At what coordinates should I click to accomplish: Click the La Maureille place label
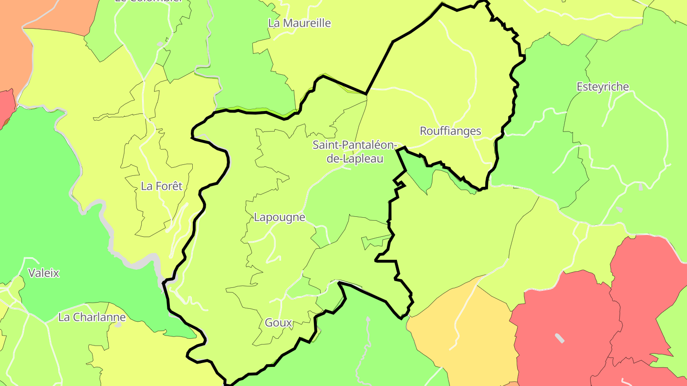299,23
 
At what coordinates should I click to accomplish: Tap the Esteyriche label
603,87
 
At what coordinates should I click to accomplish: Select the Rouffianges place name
450,131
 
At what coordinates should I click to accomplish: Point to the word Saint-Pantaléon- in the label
354,145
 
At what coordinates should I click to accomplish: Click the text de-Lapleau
354,159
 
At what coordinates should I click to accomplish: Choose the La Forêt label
161,186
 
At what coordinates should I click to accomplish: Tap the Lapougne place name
279,217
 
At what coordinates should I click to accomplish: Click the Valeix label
43,273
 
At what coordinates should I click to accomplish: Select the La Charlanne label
92,317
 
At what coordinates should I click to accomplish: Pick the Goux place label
278,323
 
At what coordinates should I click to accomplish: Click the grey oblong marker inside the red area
559,338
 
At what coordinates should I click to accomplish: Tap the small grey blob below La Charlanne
118,325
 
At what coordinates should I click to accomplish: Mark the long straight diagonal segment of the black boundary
379,67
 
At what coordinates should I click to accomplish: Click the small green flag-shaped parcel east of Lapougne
375,241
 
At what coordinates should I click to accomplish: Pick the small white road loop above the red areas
582,232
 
